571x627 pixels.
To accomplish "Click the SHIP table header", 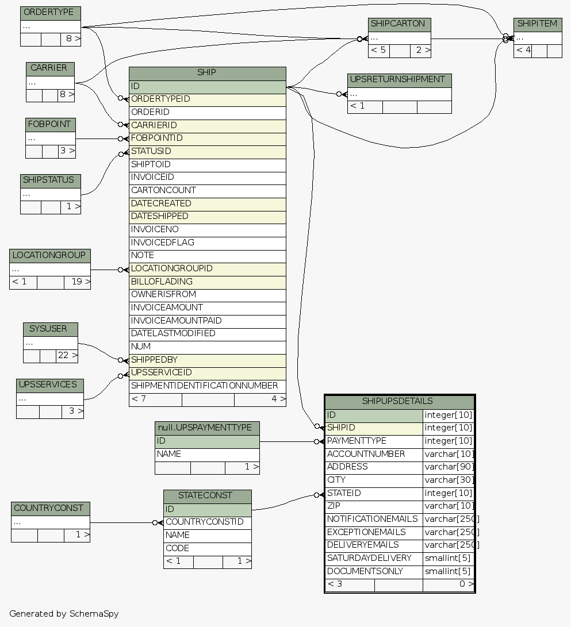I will [x=207, y=73].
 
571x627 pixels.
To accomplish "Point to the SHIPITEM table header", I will [x=537, y=24].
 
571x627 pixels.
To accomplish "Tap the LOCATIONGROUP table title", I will [x=49, y=255].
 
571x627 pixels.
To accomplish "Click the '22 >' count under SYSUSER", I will [x=67, y=356].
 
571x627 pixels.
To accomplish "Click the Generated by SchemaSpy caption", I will [x=64, y=613].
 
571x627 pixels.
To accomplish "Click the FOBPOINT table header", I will [x=50, y=124].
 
